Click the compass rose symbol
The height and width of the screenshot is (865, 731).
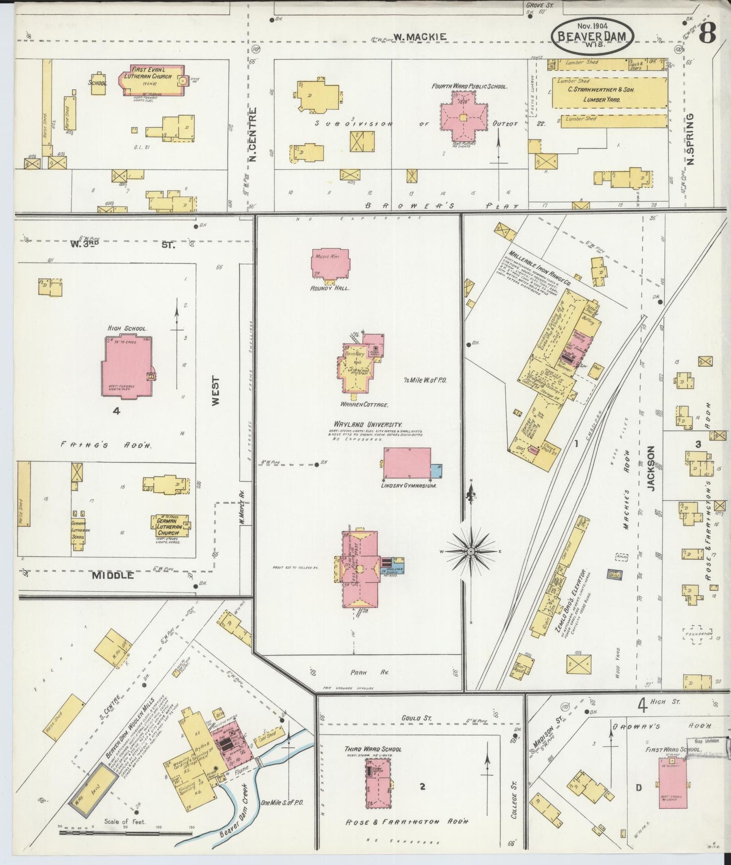[471, 550]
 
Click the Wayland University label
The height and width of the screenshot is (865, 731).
[368, 424]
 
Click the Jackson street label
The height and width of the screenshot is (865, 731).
[651, 468]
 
